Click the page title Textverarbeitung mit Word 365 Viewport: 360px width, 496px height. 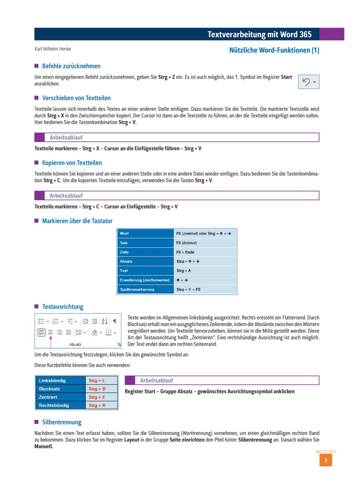[x=259, y=34]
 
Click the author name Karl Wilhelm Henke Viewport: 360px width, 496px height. [x=52, y=49]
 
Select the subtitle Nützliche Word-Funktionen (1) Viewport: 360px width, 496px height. [x=274, y=50]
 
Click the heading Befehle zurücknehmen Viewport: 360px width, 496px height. [x=71, y=66]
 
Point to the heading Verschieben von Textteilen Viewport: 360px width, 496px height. [x=76, y=98]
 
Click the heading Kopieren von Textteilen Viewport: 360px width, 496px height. [x=71, y=163]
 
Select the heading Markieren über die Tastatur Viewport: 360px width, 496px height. [x=77, y=220]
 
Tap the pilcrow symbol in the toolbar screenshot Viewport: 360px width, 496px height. [x=114, y=321]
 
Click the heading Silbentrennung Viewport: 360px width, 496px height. [x=61, y=422]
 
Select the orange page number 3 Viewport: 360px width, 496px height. [x=325, y=460]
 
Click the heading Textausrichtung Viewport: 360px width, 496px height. [x=62, y=306]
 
